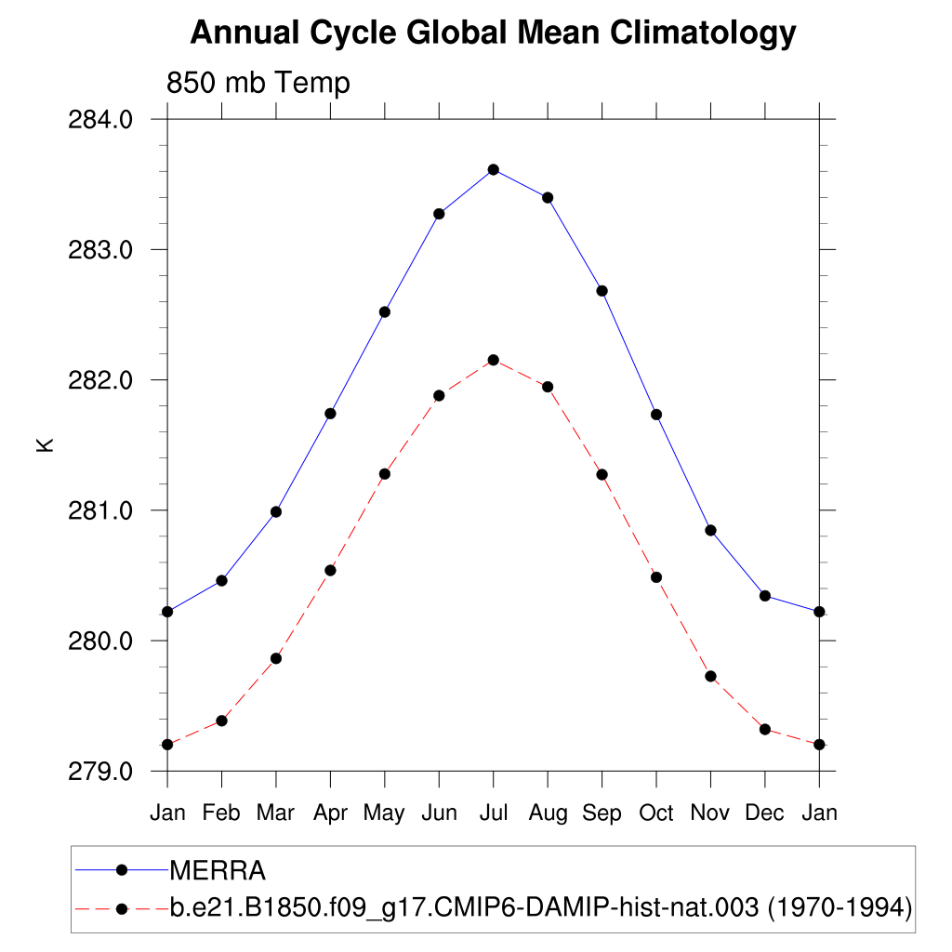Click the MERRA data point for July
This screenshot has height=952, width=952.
(494, 169)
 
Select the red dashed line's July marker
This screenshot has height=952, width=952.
(494, 360)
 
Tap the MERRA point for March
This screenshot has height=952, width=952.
(276, 511)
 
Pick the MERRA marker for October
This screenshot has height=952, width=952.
(656, 414)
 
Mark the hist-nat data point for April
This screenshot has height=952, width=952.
(330, 570)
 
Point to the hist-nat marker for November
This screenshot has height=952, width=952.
(710, 676)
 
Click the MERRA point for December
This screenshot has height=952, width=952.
(765, 595)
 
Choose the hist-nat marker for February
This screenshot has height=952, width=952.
(221, 721)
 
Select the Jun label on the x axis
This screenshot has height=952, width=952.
(439, 813)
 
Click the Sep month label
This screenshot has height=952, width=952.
(602, 813)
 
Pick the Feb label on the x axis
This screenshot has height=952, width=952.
(221, 813)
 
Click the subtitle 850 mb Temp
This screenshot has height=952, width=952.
(258, 84)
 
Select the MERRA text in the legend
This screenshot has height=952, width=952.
(218, 871)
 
